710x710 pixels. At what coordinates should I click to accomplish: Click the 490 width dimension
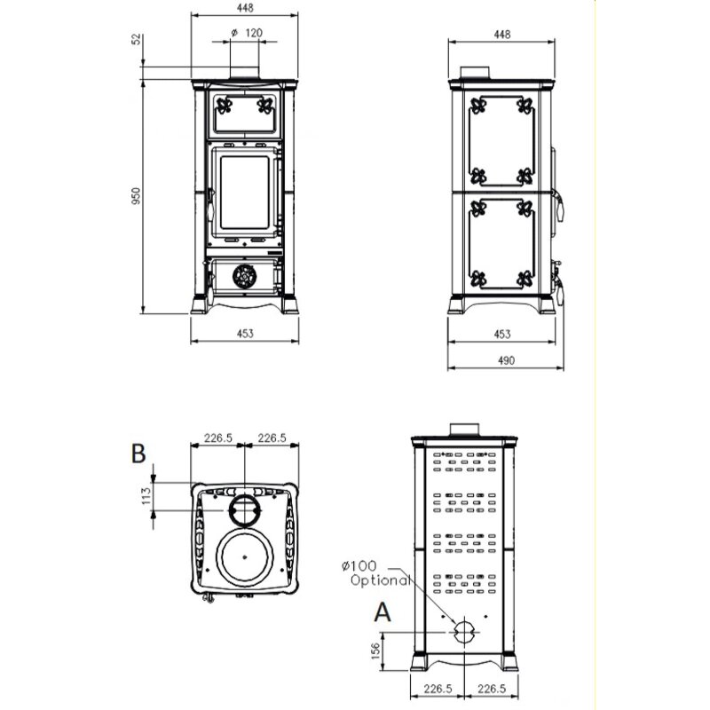point(503,360)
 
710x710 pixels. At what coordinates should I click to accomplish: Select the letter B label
point(138,454)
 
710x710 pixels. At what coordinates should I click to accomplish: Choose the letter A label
point(383,611)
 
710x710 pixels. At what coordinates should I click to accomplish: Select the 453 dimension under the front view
point(245,334)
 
